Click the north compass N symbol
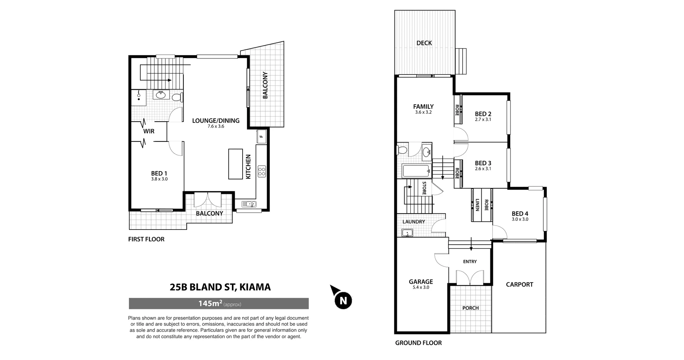tap(343, 300)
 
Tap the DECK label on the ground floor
tap(424, 43)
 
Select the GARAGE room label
tap(421, 282)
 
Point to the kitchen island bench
tap(235, 164)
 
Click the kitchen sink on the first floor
tap(249, 204)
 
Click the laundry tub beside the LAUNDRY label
tap(407, 233)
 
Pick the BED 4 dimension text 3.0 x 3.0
tap(520, 220)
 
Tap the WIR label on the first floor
tap(149, 131)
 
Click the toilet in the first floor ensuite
tap(177, 97)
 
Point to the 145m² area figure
tap(210, 304)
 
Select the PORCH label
tap(470, 308)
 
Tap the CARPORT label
tap(519, 284)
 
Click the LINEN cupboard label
tap(477, 205)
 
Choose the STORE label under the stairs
tap(424, 188)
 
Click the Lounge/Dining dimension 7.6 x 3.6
tap(216, 127)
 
